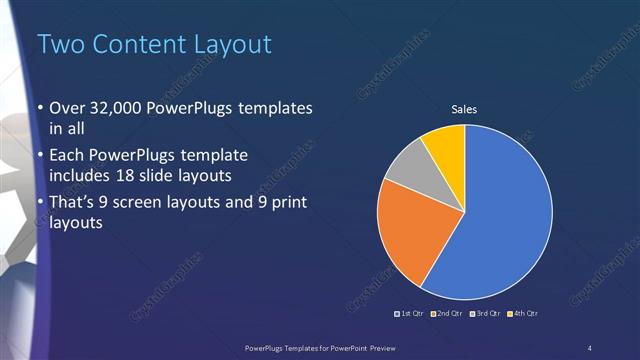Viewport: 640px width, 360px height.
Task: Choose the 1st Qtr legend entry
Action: click(x=410, y=314)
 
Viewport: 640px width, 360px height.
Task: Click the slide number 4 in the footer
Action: click(x=590, y=347)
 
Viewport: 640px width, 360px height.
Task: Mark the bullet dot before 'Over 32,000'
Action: click(x=40, y=109)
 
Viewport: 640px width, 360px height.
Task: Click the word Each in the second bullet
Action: click(x=67, y=155)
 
